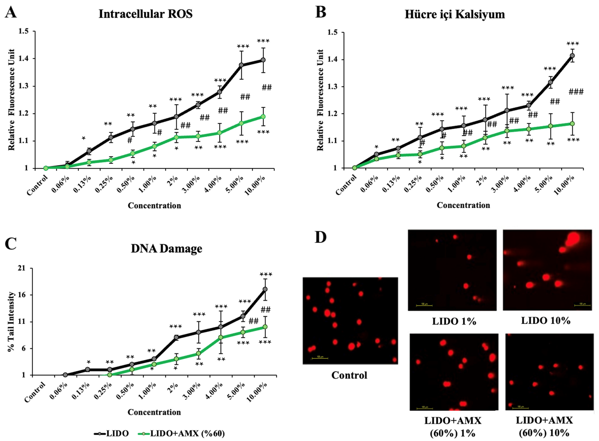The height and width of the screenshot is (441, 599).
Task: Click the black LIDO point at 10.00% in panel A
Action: pyautogui.click(x=263, y=60)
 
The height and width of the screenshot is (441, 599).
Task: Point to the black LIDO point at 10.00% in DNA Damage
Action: pyautogui.click(x=265, y=289)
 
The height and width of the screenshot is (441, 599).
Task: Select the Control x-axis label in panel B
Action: pyautogui.click(x=346, y=185)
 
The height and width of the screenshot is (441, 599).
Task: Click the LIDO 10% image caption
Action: pyautogui.click(x=546, y=320)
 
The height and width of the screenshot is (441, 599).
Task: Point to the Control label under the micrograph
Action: pyautogui.click(x=349, y=375)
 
